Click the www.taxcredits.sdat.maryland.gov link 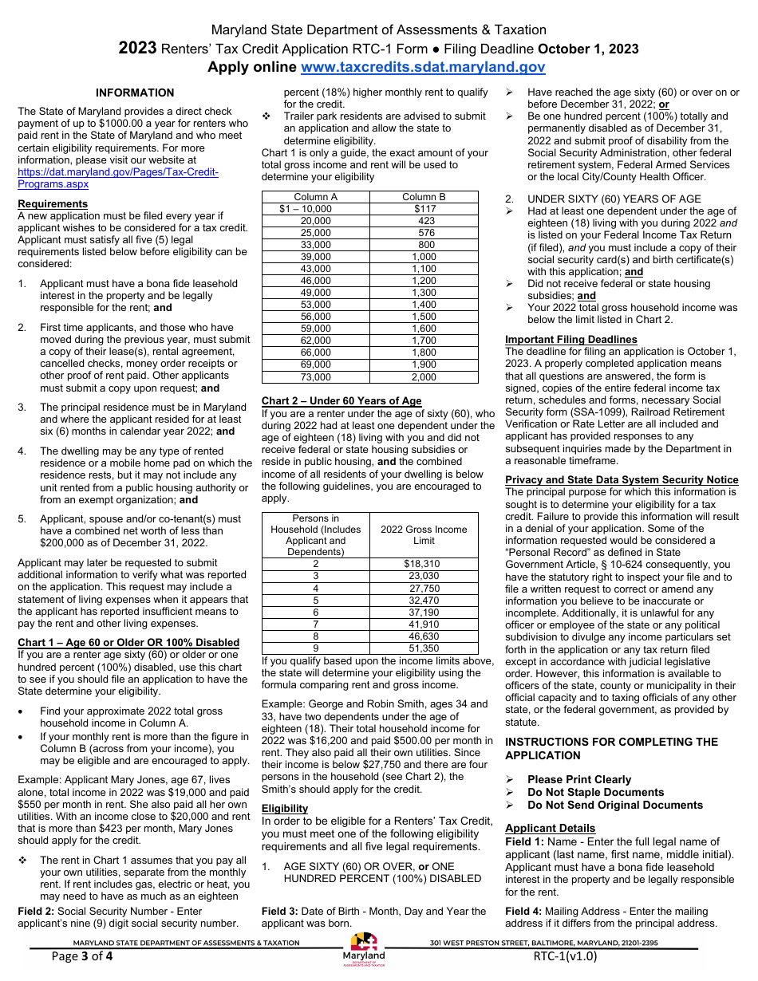[423, 68]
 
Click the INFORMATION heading [135, 93]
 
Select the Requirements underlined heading [53, 204]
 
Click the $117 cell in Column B [424, 209]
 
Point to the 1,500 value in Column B [424, 317]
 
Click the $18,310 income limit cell [421, 564]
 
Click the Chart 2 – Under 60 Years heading [341, 401]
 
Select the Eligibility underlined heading [285, 809]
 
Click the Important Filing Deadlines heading [571, 340]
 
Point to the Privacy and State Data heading [622, 479]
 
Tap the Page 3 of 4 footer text [82, 956]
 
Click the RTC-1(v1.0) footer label [565, 956]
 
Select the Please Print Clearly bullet [578, 780]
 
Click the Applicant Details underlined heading [550, 829]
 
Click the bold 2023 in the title [138, 49]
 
